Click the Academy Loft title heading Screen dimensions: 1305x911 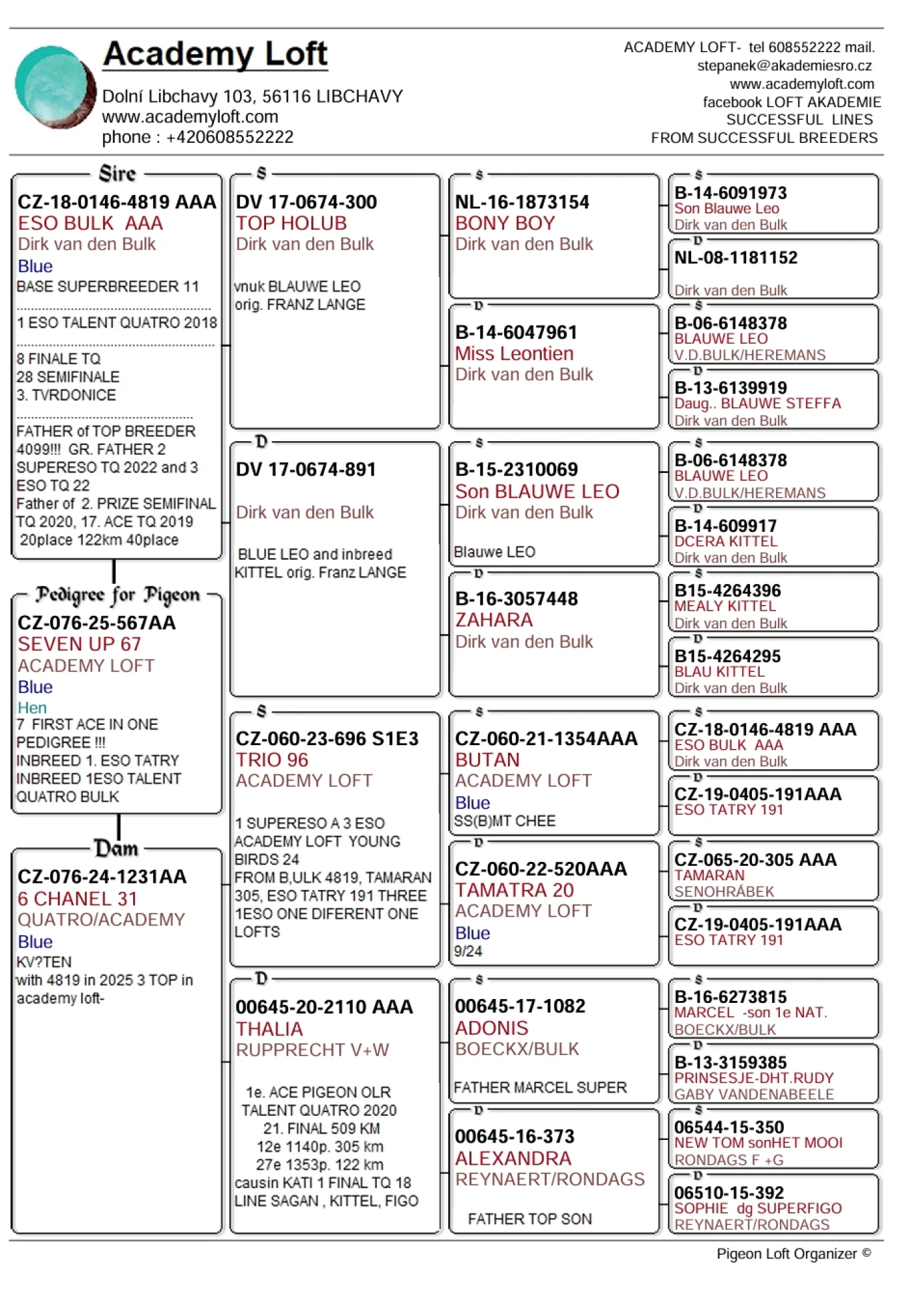coord(215,54)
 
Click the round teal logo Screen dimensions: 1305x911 coord(55,86)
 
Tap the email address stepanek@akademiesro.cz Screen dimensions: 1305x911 coord(784,66)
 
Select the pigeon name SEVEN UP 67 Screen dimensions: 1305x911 coord(79,644)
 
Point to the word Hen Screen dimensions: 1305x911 coord(32,708)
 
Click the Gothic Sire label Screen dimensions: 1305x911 coord(117,174)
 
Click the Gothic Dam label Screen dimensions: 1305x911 coord(117,848)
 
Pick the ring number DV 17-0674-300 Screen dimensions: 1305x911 coord(306,202)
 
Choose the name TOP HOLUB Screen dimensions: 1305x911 coord(291,223)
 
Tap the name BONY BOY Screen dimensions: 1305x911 coord(505,223)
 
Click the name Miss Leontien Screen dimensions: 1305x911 coord(514,354)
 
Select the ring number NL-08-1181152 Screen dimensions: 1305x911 coord(736,258)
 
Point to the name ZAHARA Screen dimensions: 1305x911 coord(494,620)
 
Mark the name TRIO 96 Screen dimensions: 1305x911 coord(272,760)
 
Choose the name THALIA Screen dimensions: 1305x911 coord(269,1029)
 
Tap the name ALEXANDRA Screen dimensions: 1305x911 coord(513,1158)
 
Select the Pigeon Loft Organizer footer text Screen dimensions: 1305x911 coord(793,1253)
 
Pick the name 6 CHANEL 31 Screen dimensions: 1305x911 coord(77,899)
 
